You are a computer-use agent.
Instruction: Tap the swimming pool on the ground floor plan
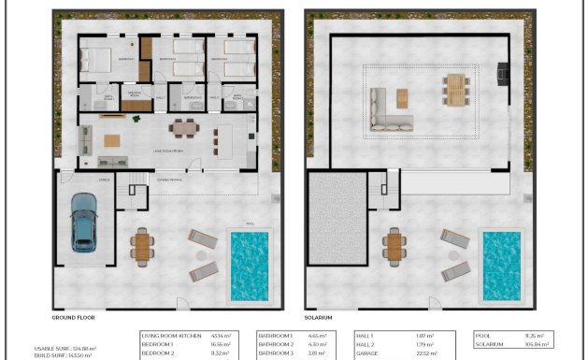pyautogui.click(x=249, y=266)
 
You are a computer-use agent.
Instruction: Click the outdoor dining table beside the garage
pyautogui.click(x=142, y=246)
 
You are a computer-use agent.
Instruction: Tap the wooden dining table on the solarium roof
pyautogui.click(x=455, y=91)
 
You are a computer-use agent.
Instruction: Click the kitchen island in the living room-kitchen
pyautogui.click(x=225, y=139)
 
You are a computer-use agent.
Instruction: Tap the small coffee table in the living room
pyautogui.click(x=112, y=140)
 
